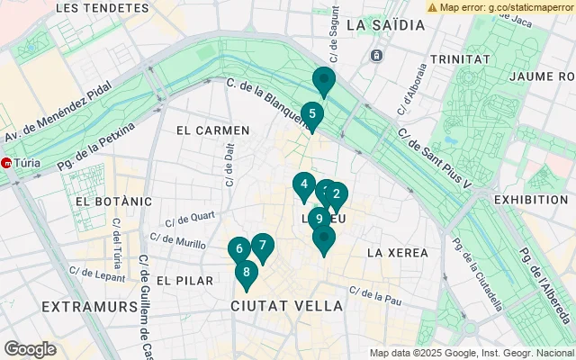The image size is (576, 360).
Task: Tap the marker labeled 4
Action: tap(304, 186)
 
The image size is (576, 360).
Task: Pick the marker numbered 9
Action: tap(319, 218)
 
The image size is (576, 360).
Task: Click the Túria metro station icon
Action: tap(6, 164)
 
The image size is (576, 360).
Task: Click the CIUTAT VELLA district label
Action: tap(287, 306)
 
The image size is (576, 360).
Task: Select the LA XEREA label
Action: tap(397, 253)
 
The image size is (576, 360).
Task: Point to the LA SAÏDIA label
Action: tap(384, 25)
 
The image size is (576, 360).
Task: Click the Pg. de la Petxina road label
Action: tap(94, 148)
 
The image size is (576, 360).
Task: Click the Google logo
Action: tap(30, 349)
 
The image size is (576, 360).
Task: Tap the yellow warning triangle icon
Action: tap(433, 6)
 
